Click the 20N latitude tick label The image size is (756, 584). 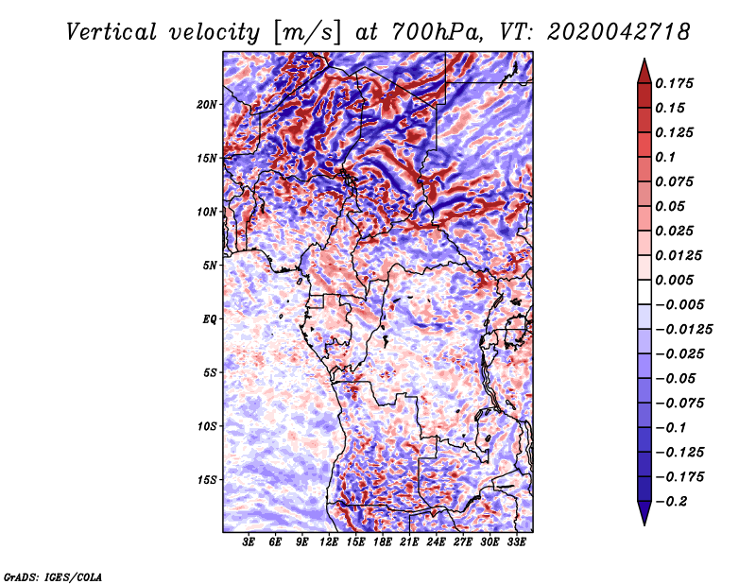[x=207, y=104]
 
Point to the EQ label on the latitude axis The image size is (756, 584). [x=209, y=319]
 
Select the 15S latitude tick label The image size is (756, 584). [x=207, y=480]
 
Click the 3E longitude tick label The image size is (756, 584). [x=249, y=542]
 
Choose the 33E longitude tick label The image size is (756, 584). [x=517, y=542]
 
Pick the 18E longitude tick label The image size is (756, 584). [x=383, y=542]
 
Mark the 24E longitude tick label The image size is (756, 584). [x=437, y=542]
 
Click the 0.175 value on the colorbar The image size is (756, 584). [x=678, y=83]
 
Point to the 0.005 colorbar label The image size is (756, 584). [x=678, y=280]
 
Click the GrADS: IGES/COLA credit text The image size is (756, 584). [x=53, y=575]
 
